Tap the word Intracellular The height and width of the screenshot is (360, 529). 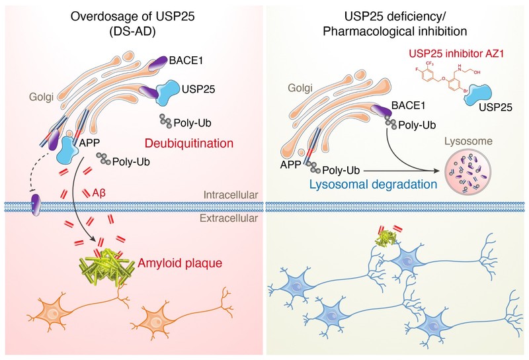[229, 196]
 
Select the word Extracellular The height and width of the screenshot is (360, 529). [229, 214]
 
